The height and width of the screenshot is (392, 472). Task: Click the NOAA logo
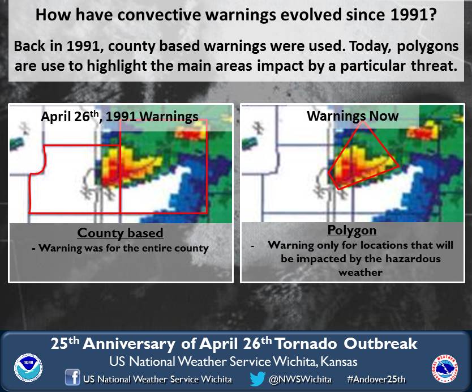(x=28, y=368)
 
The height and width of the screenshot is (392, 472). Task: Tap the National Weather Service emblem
(x=445, y=368)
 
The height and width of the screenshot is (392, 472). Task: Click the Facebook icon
(x=72, y=377)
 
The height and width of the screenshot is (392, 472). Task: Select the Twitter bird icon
(x=258, y=378)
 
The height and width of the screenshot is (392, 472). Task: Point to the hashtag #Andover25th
(x=376, y=379)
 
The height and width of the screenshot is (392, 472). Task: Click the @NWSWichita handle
(x=301, y=379)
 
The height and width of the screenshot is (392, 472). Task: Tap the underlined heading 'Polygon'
(x=352, y=231)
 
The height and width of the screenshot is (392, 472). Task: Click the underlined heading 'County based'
(x=120, y=233)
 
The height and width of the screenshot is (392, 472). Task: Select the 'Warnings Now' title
(x=353, y=116)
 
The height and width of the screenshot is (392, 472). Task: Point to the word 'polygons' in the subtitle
(x=428, y=46)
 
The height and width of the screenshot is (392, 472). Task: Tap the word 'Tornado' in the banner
(x=306, y=344)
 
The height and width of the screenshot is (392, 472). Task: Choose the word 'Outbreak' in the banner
(x=380, y=344)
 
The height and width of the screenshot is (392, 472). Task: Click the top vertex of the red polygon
(x=363, y=122)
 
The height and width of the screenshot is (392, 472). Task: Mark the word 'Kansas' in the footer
(x=339, y=361)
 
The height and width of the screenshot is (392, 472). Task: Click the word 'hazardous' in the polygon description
(x=413, y=259)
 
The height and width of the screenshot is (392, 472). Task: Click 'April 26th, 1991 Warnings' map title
(x=119, y=117)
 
